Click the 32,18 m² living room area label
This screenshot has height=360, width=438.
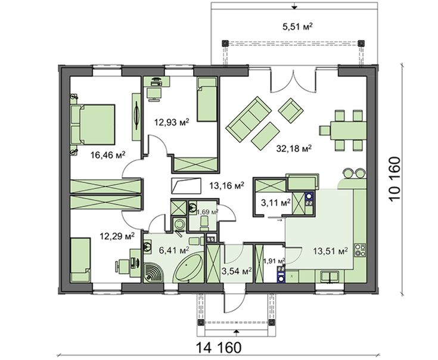tap(294, 148)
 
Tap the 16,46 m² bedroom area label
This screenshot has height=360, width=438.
tap(108, 155)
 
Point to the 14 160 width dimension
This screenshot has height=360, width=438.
tap(219, 347)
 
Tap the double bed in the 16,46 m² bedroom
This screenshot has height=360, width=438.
tap(93, 125)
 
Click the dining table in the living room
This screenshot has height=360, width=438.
tap(349, 130)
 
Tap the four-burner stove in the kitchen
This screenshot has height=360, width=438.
tap(360, 250)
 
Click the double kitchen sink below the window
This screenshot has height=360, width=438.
tap(330, 276)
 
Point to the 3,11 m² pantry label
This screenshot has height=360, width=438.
tap(276, 203)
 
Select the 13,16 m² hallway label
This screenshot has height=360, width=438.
tap(227, 185)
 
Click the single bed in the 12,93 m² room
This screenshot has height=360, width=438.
tap(207, 100)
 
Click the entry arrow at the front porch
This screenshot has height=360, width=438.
tap(237, 331)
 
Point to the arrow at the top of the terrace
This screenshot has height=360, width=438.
tap(294, 6)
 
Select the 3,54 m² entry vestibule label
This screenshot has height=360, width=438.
tap(237, 271)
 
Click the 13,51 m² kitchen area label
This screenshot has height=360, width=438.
tap(330, 250)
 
